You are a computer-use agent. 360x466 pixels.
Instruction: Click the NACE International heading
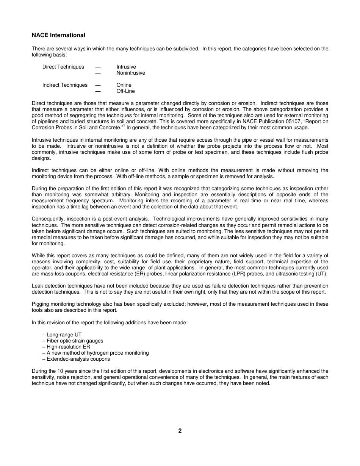point(58,35)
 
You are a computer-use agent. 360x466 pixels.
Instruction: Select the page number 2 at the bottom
point(180,431)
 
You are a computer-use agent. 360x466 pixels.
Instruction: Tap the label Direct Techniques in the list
point(63,67)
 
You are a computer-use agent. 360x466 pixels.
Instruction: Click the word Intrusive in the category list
point(126,67)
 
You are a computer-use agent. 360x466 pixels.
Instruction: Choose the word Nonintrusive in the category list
point(131,73)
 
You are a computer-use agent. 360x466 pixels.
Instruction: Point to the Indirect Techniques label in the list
point(65,85)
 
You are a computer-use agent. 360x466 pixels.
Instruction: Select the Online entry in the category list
point(124,85)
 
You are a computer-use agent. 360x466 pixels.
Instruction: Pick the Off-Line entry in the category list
point(125,91)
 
